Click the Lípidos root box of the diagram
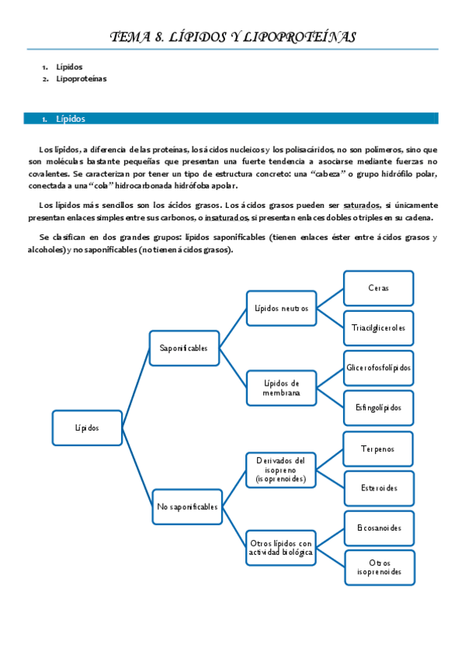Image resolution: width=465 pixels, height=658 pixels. (x=87, y=428)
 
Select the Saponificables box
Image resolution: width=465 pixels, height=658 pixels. (x=184, y=348)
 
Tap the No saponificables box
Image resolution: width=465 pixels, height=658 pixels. (x=187, y=507)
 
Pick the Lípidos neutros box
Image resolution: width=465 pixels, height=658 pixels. (x=281, y=308)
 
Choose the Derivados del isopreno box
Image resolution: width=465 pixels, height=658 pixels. (x=281, y=470)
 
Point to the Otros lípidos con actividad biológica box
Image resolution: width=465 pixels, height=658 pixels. (x=281, y=547)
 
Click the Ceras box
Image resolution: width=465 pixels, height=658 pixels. (x=378, y=288)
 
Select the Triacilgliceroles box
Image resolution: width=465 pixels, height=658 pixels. (x=378, y=327)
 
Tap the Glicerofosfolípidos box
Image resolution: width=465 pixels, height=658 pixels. (x=378, y=368)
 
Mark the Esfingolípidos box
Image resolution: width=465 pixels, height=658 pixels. (x=378, y=407)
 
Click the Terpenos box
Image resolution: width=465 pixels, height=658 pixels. (x=378, y=448)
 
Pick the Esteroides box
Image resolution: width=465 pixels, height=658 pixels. (x=378, y=488)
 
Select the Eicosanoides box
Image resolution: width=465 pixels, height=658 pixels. (x=378, y=528)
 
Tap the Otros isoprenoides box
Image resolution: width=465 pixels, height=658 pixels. (x=378, y=567)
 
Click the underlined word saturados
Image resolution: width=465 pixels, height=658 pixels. (x=360, y=206)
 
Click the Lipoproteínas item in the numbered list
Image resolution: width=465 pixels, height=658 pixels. (x=82, y=79)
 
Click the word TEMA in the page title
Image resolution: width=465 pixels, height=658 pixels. (x=127, y=36)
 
